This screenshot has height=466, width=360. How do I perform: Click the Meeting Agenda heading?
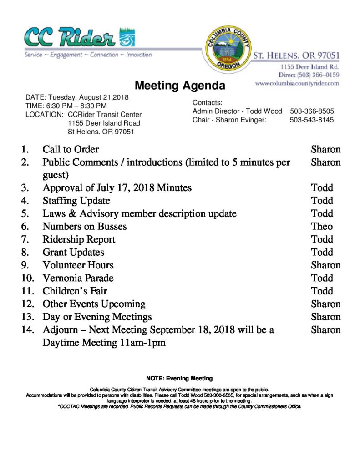pos(180,86)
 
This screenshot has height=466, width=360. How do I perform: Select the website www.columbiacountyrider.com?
pos(297,83)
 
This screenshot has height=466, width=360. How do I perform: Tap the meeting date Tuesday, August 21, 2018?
pos(89,97)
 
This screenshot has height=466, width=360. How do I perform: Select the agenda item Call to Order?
pos(71,149)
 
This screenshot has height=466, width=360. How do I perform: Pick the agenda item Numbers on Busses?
pos(84,226)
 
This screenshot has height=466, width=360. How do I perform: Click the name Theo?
pos(322,226)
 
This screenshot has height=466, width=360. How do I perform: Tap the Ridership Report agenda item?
pos(79,239)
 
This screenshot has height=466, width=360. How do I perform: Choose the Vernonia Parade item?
pos(78,278)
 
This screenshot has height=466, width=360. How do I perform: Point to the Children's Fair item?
pos(75,291)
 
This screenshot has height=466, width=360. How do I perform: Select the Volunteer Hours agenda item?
pos(78,265)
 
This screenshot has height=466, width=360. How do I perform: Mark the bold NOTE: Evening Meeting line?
pos(179,378)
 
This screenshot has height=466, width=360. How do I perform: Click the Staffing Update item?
pos(76,200)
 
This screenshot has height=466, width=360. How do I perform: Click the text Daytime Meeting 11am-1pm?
pos(104,343)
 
